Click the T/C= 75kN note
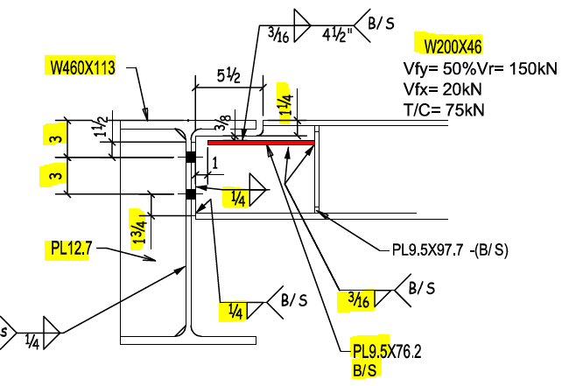(444, 109)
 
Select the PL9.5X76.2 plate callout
(386, 353)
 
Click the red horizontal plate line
(261, 141)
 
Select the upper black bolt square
(190, 158)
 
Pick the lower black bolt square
(190, 193)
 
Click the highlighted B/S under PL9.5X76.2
(365, 371)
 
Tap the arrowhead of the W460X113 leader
(148, 116)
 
